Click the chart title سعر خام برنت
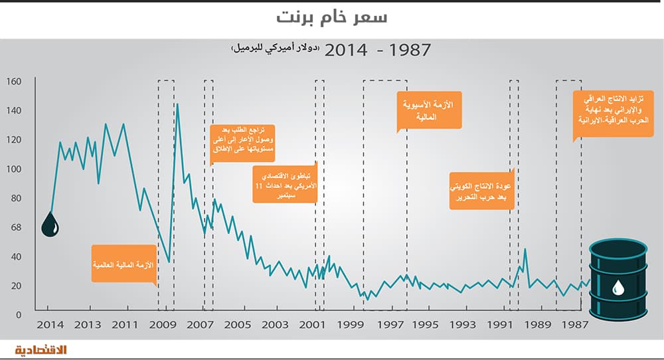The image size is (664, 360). (x=331, y=18)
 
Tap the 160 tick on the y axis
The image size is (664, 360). (x=14, y=82)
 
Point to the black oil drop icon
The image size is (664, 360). (x=50, y=225)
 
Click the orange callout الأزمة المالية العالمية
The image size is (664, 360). (x=124, y=264)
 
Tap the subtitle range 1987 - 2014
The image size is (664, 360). (x=378, y=50)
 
